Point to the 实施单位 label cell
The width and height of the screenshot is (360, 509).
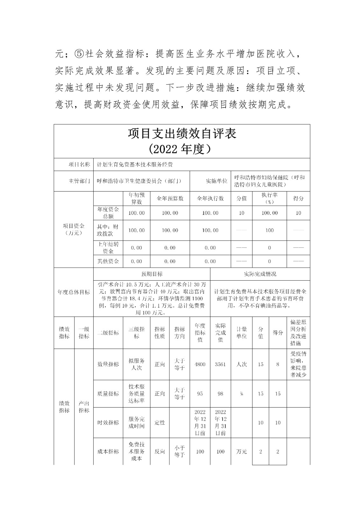(216, 181)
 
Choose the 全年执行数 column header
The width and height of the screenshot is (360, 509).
(210, 199)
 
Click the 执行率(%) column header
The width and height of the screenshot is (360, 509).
(269, 199)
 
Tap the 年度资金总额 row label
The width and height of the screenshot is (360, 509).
(108, 213)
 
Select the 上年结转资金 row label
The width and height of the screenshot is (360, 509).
(108, 248)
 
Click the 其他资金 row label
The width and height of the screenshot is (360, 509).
(108, 261)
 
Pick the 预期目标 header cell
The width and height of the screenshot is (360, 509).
(152, 274)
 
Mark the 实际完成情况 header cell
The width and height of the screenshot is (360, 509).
(260, 274)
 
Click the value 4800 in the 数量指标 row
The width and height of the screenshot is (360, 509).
(200, 364)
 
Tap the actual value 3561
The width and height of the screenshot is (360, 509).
(220, 364)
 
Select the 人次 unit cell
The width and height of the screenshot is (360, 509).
(242, 364)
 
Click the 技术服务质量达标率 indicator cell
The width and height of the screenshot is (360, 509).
(137, 394)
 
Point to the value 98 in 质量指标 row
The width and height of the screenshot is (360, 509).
(220, 394)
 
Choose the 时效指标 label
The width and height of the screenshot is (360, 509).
(108, 422)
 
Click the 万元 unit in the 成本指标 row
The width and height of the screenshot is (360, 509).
(242, 451)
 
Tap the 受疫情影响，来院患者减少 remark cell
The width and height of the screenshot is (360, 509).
(298, 364)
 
